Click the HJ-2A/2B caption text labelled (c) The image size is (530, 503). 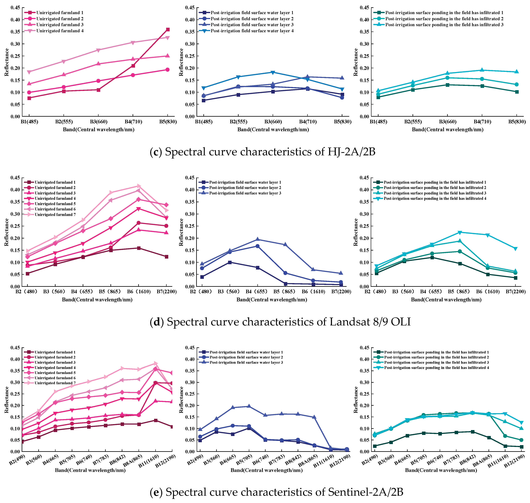coord(262,152)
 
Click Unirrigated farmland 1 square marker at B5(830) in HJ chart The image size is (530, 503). coord(168,30)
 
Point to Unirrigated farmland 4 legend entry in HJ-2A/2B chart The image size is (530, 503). coord(60,31)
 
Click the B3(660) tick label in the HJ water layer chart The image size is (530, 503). coord(273,122)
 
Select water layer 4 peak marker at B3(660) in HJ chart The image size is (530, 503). coord(273,72)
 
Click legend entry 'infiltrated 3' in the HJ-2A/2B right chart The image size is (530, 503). coord(444,25)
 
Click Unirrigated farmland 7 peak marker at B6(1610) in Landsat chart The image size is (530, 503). coord(139,186)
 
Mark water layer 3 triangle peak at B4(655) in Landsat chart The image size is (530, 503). coord(258,239)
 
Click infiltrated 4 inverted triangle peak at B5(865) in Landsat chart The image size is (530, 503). coord(460,232)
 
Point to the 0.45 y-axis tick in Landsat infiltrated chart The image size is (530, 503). coord(364,178)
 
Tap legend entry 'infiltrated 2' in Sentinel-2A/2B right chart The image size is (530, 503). coord(436,357)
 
